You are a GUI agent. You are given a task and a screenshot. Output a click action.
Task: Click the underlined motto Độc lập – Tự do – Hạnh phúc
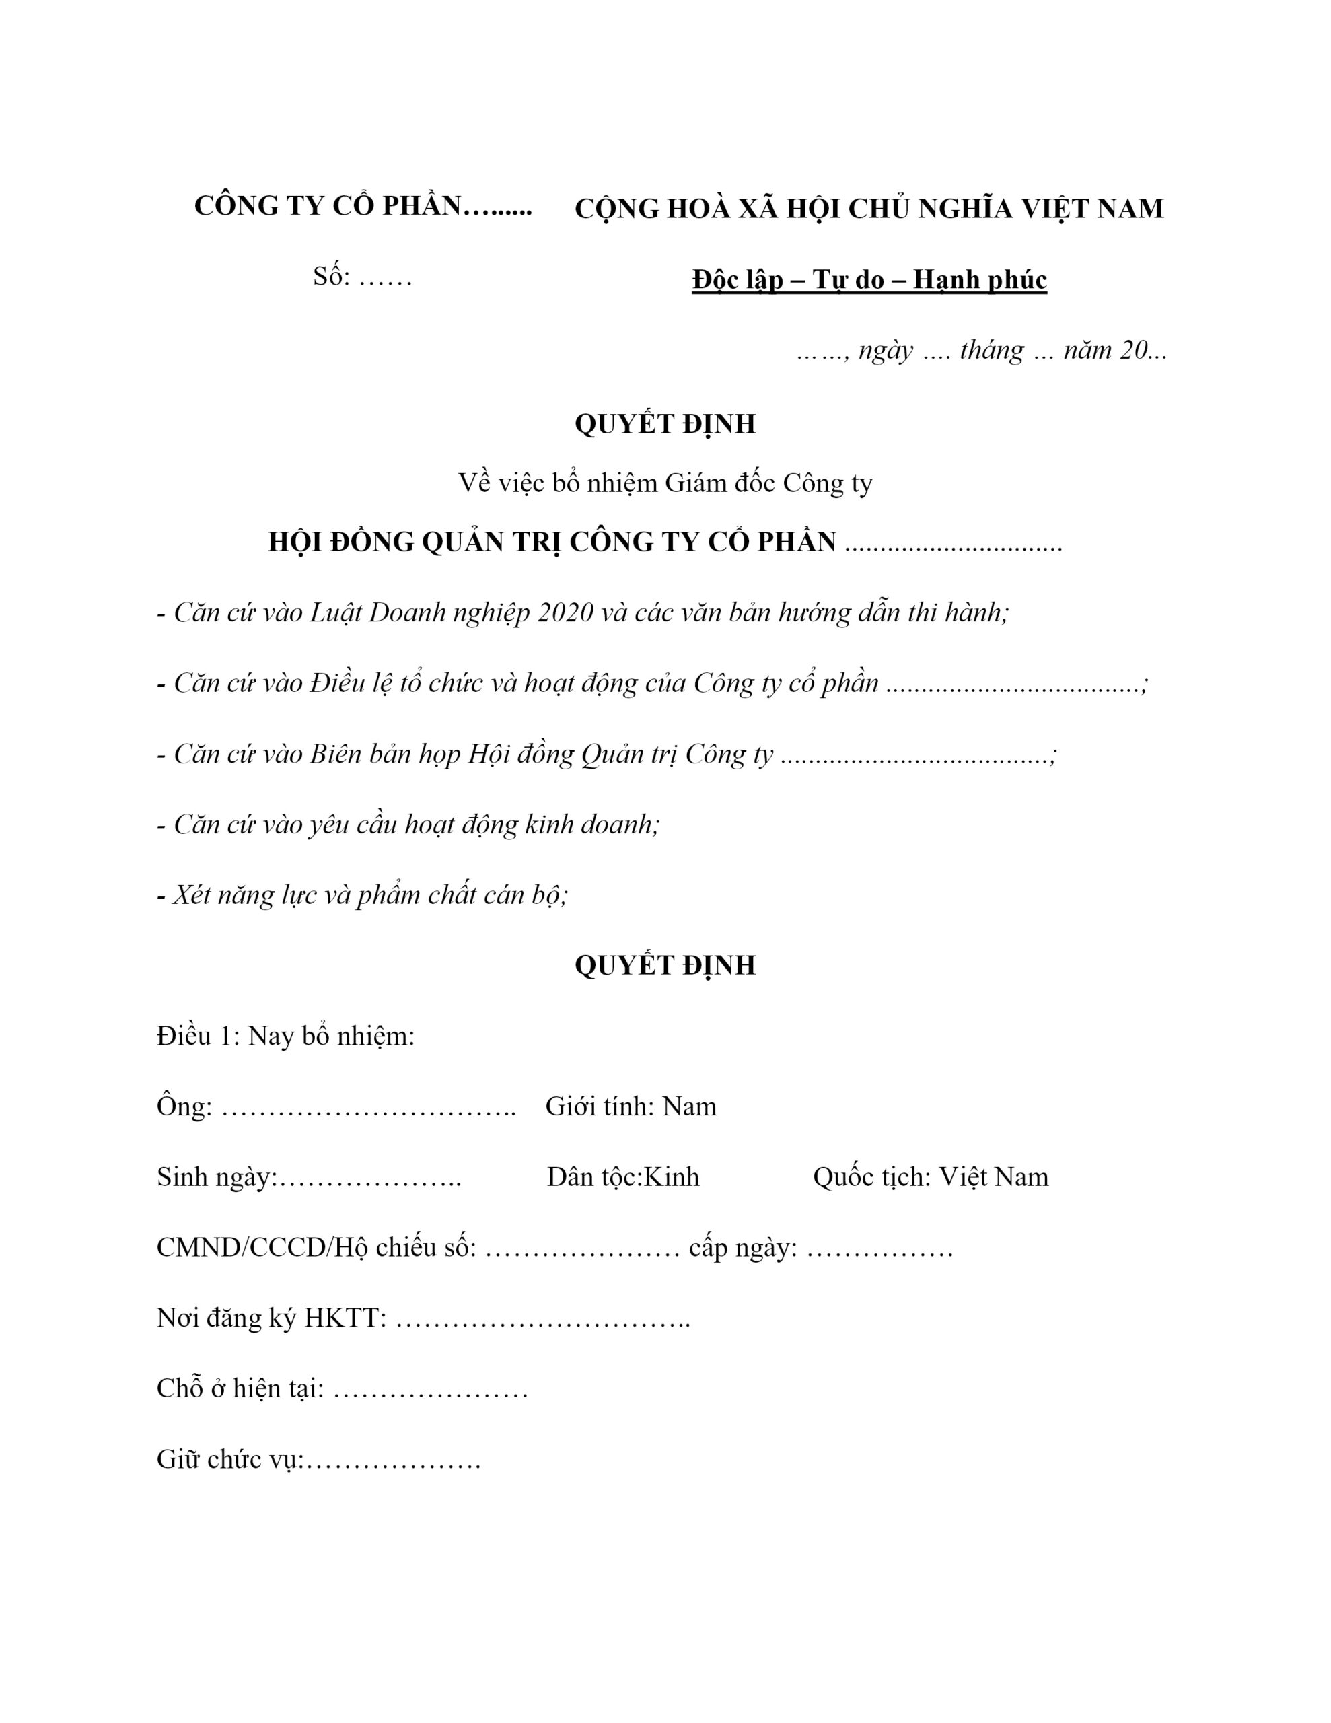point(869,280)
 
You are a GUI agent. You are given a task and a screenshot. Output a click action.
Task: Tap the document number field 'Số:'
point(331,277)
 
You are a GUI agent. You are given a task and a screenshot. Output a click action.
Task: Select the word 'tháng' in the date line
point(992,349)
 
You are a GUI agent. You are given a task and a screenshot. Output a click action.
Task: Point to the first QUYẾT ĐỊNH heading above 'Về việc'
point(664,423)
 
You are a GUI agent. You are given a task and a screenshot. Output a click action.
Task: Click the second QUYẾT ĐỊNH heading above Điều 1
point(664,965)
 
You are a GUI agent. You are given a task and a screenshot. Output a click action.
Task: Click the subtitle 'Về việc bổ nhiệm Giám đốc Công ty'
point(664,483)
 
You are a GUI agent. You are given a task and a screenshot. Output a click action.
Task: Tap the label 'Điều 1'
point(194,1036)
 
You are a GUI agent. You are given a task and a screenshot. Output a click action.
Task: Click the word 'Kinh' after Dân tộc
point(672,1177)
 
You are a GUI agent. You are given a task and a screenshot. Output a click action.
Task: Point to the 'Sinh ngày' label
point(216,1177)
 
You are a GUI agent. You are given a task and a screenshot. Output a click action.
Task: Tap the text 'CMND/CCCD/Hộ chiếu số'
point(316,1247)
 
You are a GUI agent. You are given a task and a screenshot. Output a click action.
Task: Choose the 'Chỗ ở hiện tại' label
point(240,1388)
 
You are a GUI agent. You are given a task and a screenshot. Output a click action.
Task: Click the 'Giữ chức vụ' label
point(229,1459)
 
